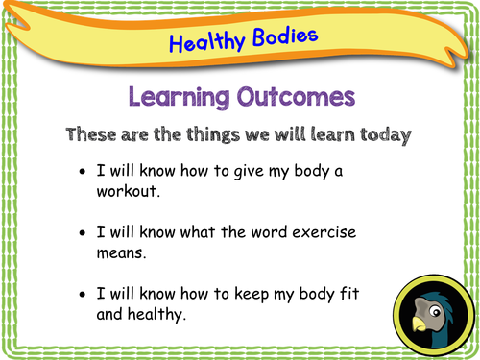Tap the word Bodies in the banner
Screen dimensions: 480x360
tap(285, 36)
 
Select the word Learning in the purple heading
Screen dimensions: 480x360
tap(180, 97)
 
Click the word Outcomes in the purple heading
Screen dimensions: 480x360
tap(296, 96)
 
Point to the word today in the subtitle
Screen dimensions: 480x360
tap(385, 135)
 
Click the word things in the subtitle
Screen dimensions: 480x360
tap(213, 135)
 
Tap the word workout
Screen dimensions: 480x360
tap(128, 191)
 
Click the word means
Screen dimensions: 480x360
tap(121, 253)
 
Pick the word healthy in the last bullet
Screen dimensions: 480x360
tap(156, 314)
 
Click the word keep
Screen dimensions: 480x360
tap(252, 294)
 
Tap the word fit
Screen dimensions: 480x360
tap(349, 293)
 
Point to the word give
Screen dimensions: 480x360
tap(249, 171)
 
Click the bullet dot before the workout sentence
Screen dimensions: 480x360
tap(83, 171)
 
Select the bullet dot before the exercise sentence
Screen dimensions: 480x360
tap(83, 232)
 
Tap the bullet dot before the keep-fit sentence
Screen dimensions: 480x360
tap(83, 294)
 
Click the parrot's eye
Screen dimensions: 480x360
tap(435, 311)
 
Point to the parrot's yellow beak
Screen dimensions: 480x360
tap(419, 324)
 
